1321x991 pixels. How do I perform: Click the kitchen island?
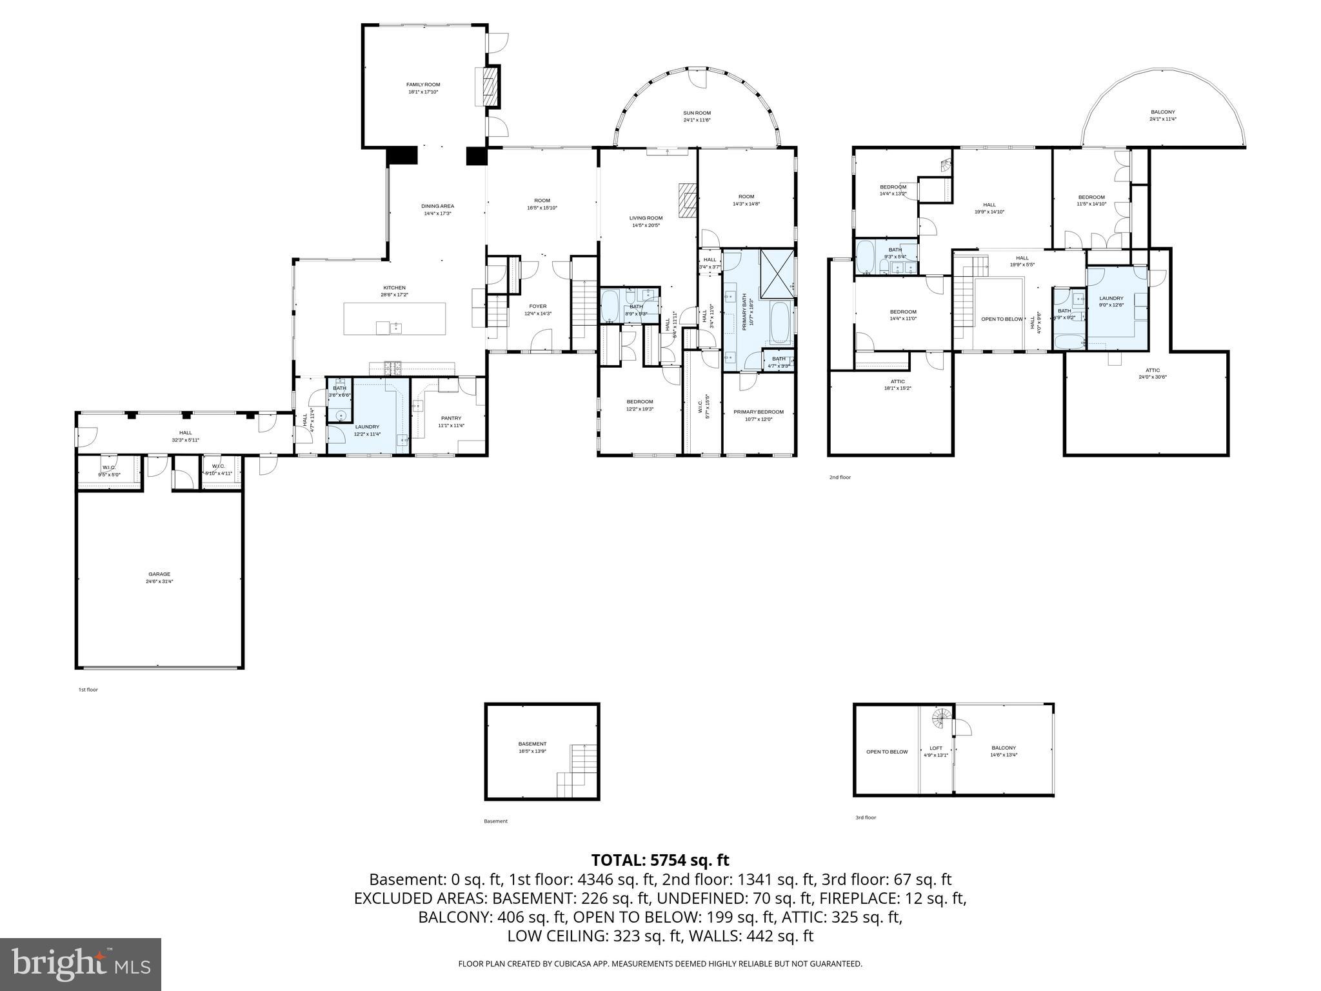tap(394, 319)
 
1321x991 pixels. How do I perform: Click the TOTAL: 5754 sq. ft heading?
tap(660, 860)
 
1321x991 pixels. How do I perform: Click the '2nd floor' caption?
tap(840, 477)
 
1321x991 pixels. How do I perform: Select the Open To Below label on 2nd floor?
tap(1001, 319)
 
